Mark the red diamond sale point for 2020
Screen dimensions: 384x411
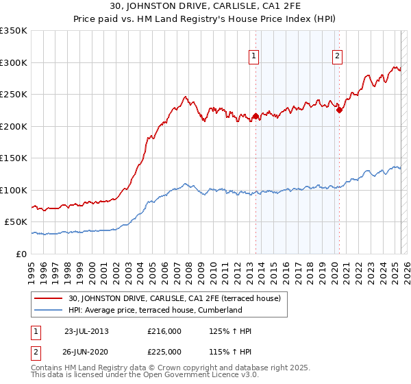(x=339, y=110)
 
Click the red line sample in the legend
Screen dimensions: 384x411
(x=49, y=298)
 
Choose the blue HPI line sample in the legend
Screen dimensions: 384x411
(x=49, y=310)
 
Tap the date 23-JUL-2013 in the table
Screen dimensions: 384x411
(x=86, y=331)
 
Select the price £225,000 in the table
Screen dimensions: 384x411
(x=164, y=352)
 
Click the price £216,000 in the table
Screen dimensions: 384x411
(x=164, y=331)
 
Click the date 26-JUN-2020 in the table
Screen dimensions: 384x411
(x=86, y=352)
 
